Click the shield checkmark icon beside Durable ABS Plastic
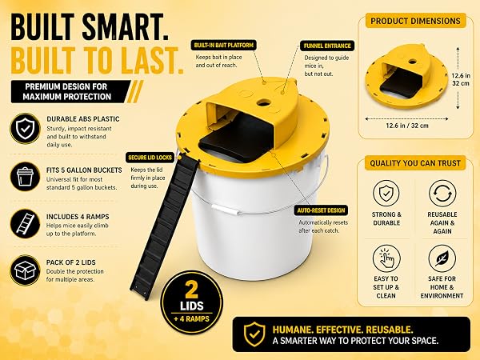pyautogui.click(x=25, y=129)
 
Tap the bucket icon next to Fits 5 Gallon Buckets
pyautogui.click(x=25, y=177)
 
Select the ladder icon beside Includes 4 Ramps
pyautogui.click(x=25, y=223)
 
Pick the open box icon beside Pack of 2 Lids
pyautogui.click(x=25, y=270)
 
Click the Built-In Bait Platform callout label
pyautogui.click(x=224, y=46)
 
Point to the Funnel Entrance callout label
pyautogui.click(x=327, y=46)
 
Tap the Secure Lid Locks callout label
pyautogui.click(x=150, y=158)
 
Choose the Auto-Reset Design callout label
pyautogui.click(x=321, y=210)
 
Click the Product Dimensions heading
pyautogui.click(x=415, y=21)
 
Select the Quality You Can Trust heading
pyautogui.click(x=415, y=163)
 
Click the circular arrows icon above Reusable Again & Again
pyautogui.click(x=442, y=194)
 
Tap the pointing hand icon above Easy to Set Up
pyautogui.click(x=386, y=258)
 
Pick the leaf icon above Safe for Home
pyautogui.click(x=442, y=258)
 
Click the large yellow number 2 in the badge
pyautogui.click(x=191, y=290)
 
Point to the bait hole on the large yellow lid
pyautogui.click(x=263, y=102)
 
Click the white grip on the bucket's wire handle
pyautogui.click(x=225, y=210)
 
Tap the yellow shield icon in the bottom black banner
pyautogui.click(x=254, y=334)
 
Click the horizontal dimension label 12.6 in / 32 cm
pyautogui.click(x=407, y=126)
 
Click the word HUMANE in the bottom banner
pyautogui.click(x=292, y=330)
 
